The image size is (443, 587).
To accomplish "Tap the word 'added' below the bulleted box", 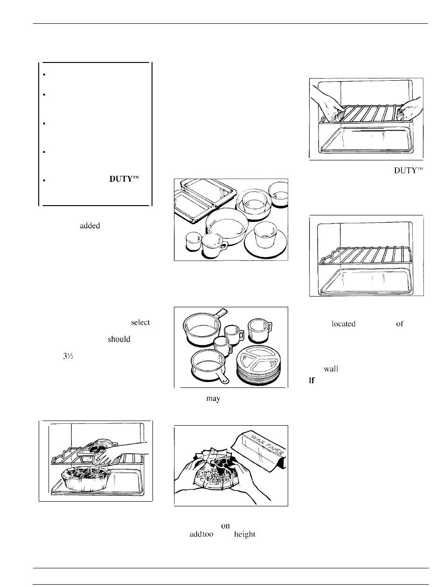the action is (90, 225).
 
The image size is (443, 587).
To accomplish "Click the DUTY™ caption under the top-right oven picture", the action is (408, 171).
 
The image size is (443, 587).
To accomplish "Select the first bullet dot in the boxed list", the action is (43, 75).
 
